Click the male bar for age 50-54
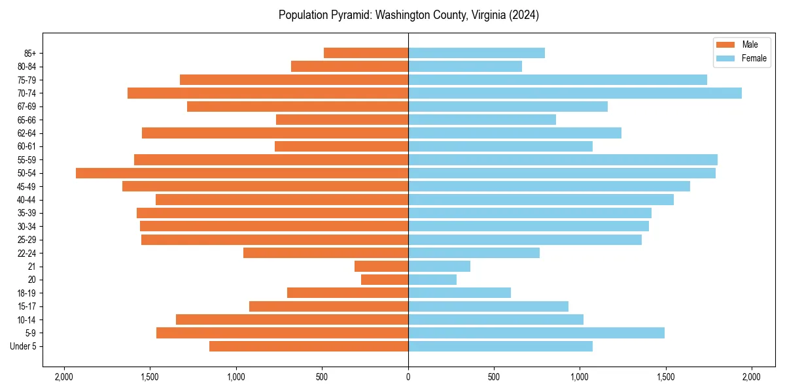click(x=242, y=173)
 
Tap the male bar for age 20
click(x=385, y=280)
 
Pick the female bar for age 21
click(x=439, y=267)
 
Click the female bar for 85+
click(x=476, y=53)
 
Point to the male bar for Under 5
click(x=309, y=346)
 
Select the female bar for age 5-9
click(x=536, y=333)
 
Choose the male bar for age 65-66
click(x=342, y=120)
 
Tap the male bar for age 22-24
click(x=326, y=253)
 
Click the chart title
click(x=408, y=15)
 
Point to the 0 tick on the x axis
click(x=408, y=377)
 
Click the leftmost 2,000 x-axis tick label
click(x=64, y=377)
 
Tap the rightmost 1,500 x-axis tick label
click(x=666, y=377)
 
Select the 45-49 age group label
click(x=26, y=187)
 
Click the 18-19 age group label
click(x=26, y=293)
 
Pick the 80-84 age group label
click(x=26, y=67)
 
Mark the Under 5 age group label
click(x=24, y=346)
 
